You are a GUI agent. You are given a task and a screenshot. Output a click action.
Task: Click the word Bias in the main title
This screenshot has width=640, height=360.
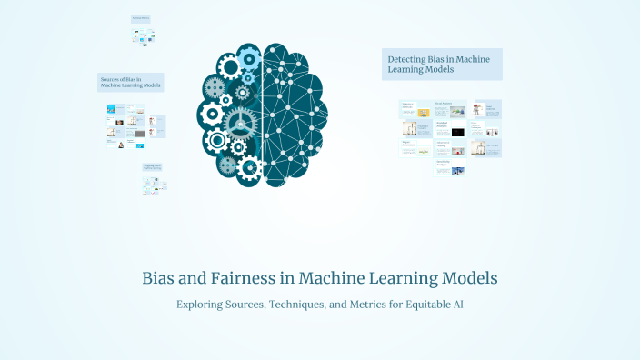click(160, 277)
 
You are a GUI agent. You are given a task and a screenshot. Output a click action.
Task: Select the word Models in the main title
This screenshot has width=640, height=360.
click(465, 277)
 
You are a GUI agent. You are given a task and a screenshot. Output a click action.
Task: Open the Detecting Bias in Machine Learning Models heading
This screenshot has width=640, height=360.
click(442, 64)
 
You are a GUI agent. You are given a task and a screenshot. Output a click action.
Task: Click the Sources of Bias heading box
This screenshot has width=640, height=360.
click(131, 83)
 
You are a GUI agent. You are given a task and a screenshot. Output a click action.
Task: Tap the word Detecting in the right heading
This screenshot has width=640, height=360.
click(405, 59)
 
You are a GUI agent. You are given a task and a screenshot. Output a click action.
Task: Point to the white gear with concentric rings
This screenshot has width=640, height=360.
click(216, 140)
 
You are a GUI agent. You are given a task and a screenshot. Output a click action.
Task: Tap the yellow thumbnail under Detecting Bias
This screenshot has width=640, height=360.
click(423, 113)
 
